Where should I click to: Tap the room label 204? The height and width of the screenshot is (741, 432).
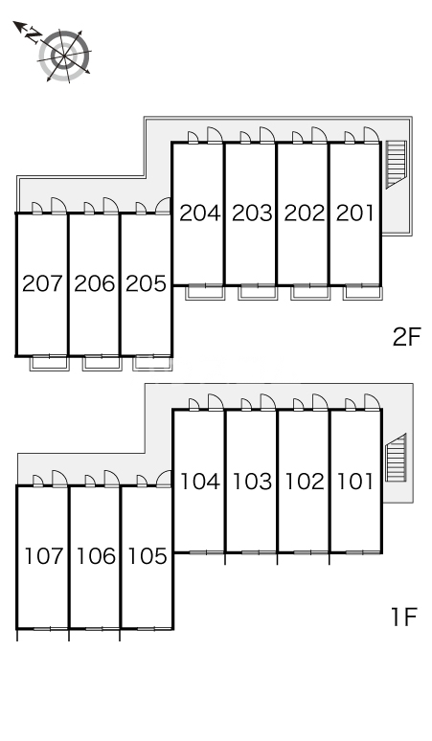199,213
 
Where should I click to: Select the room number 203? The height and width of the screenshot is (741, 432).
252,213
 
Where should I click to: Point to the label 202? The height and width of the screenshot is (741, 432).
304,213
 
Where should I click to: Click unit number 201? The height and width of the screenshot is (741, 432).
355,213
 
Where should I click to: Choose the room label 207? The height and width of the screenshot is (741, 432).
42,283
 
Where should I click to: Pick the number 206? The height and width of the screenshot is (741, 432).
94,283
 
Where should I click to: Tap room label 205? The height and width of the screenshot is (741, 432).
146,283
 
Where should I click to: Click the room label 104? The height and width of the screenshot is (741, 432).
199,482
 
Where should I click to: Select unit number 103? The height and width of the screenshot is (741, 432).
252,482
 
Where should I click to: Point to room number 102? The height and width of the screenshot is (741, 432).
304,482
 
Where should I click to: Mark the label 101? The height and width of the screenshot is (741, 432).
355,482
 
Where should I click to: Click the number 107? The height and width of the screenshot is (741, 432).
42,556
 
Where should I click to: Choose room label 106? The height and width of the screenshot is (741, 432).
94,556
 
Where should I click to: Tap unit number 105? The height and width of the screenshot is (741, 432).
146,556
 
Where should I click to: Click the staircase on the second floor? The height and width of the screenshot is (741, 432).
395,164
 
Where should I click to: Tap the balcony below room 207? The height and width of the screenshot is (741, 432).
44,362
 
